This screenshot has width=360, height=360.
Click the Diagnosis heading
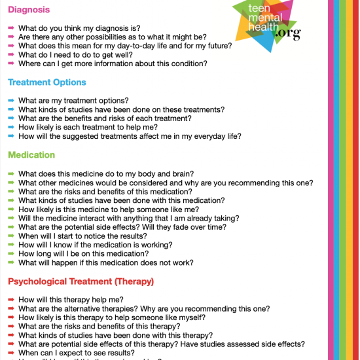coord(30,10)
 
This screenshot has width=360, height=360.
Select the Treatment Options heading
coord(46,82)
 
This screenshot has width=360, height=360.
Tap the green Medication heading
coord(31,155)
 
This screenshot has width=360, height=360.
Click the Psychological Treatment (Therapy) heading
coord(81,281)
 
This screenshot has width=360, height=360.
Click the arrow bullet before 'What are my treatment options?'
coord(12,100)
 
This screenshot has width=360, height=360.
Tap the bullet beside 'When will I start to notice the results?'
coord(12,236)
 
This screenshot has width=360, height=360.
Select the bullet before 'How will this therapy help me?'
coord(12,299)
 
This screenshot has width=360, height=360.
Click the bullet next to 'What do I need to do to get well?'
coord(12,55)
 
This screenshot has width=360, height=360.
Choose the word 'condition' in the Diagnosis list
coord(190,63)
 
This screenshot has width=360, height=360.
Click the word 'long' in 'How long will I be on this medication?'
coord(46,253)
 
